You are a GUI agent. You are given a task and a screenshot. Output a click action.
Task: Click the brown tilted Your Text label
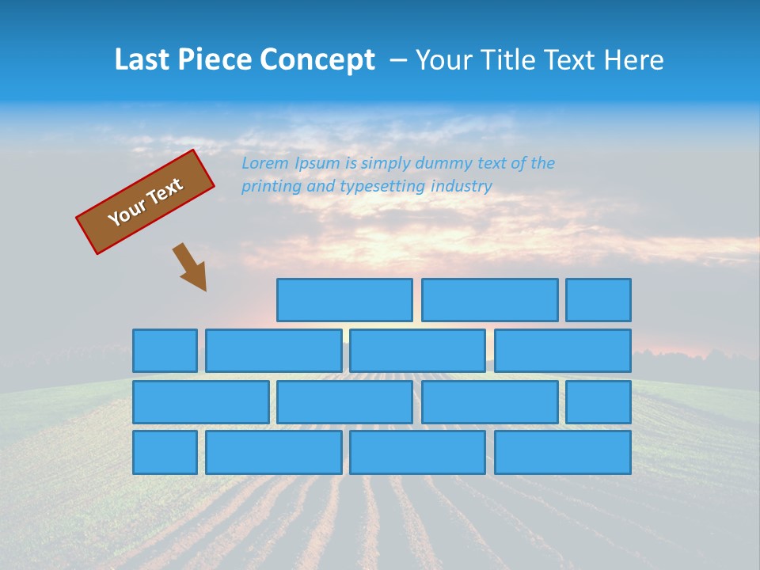pos(146,201)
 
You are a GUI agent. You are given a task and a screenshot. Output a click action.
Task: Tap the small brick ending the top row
pos(598,300)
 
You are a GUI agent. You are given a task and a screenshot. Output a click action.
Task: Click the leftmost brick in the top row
pos(344,300)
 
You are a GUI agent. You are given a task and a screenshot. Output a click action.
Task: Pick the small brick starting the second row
pos(165,351)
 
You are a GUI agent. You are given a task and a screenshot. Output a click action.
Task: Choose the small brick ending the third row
pos(598,402)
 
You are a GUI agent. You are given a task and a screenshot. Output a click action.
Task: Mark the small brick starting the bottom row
pos(165,453)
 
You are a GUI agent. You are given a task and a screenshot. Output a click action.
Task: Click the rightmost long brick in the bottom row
pos(563,453)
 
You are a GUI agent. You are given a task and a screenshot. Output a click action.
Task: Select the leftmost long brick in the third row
pos(200,402)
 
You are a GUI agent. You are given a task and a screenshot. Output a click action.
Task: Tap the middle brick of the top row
pos(489,300)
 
